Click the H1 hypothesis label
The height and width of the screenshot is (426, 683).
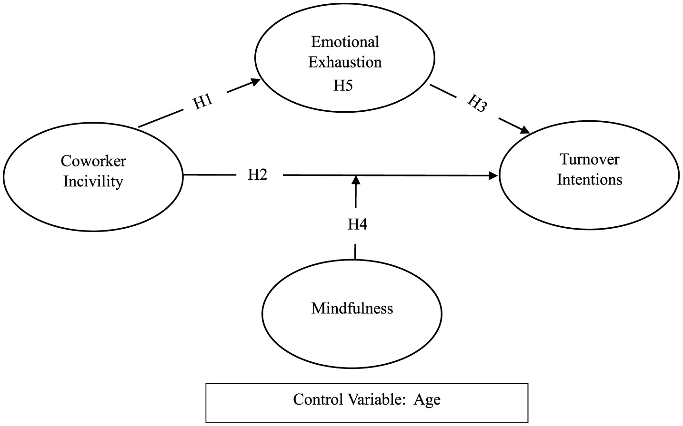coord(202,102)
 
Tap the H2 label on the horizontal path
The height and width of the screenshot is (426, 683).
coord(258,174)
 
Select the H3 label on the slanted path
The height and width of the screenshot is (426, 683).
coord(477,104)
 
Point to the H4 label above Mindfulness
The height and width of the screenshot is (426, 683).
coord(357,224)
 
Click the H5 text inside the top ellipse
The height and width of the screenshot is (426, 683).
coord(343,86)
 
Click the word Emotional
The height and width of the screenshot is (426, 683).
coord(345,42)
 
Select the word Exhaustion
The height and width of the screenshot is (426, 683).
coord(345,62)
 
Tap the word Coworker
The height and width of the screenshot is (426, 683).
coord(93,161)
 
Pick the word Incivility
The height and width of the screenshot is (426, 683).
coord(93,181)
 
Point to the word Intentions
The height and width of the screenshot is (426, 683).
coord(589,180)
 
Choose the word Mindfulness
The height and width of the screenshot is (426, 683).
coord(352,308)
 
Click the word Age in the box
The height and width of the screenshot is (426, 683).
coord(427,399)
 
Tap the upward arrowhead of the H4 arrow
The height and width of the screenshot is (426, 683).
coord(356,180)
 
